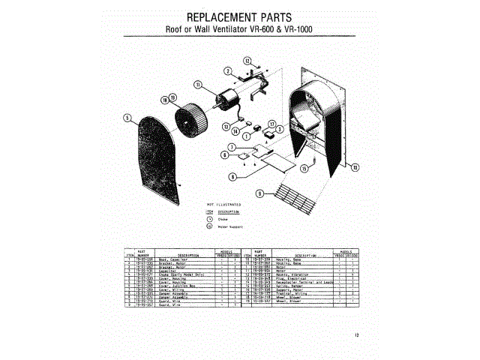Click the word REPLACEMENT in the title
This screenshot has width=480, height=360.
point(208,16)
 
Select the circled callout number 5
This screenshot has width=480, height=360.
point(128,117)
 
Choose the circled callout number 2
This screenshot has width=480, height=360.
point(226,70)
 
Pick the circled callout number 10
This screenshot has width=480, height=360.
point(355,166)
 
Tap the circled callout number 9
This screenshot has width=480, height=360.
point(259,193)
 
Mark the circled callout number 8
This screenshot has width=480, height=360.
point(233,176)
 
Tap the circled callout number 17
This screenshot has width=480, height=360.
point(272,122)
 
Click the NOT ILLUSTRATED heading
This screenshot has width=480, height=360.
point(223,203)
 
